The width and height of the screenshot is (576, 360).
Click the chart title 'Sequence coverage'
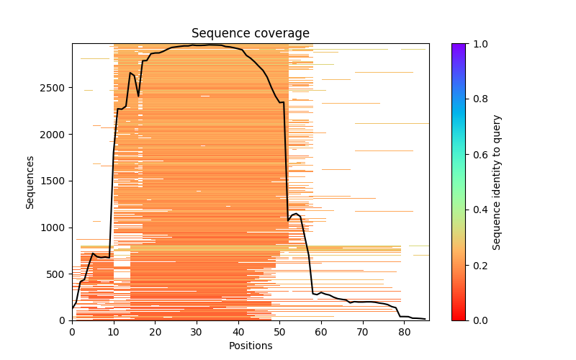tap(250, 34)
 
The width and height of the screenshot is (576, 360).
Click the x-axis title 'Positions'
tap(250, 346)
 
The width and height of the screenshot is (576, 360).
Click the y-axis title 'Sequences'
tap(30, 181)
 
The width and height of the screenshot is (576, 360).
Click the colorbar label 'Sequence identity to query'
tap(497, 181)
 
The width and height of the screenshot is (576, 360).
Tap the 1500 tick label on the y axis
tap(54, 181)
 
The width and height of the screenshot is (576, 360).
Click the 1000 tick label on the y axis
tap(54, 228)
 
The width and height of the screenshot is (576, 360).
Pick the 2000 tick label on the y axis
tap(54, 135)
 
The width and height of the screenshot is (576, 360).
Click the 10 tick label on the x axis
tap(114, 330)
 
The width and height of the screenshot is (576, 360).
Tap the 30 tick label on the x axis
tap(197, 330)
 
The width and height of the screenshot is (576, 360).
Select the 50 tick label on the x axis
tap(279, 330)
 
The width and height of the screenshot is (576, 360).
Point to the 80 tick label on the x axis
tap(404, 330)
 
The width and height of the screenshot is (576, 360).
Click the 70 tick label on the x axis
tap(363, 330)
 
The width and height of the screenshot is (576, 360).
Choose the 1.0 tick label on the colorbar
tap(477, 44)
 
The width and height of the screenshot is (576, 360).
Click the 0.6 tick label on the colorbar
tap(477, 155)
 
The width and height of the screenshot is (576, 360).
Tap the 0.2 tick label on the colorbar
tap(477, 265)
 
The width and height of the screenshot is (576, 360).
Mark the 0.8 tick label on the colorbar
tap(477, 99)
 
